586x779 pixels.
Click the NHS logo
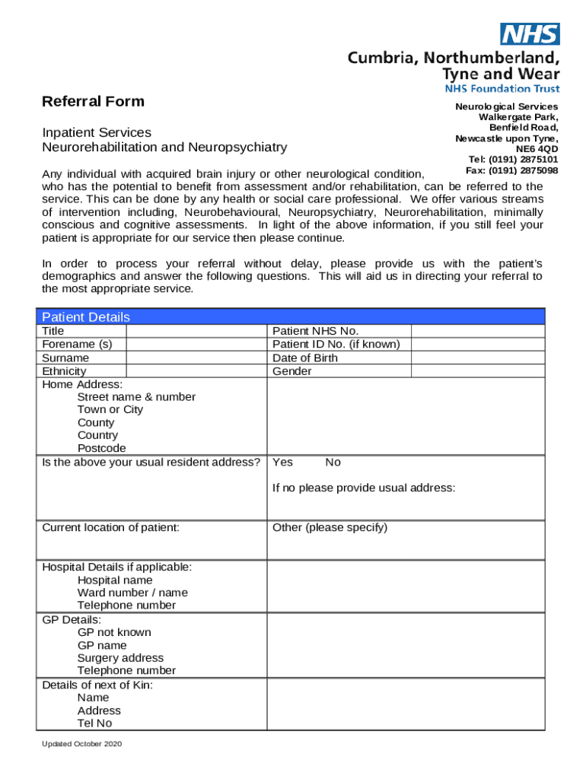tap(530, 33)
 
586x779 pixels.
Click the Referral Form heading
tap(93, 101)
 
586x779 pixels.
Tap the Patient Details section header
tap(85, 317)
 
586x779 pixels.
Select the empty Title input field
tap(196, 331)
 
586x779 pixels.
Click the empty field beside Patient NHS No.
tap(478, 331)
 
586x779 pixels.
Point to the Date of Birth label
tap(304, 358)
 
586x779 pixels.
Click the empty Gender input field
tap(478, 371)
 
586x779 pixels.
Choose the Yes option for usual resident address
tap(282, 463)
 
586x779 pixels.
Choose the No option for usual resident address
tap(333, 463)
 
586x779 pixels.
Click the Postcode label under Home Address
tap(101, 448)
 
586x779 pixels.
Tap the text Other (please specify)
tap(330, 527)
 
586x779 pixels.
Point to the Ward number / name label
tap(132, 592)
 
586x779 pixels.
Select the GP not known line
tap(114, 632)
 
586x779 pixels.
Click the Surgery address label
tap(120, 657)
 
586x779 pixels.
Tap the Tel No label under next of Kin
tap(94, 723)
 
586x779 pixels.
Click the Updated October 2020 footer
tap(82, 743)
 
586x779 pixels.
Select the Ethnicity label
tap(64, 371)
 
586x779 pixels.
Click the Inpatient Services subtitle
tap(97, 132)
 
